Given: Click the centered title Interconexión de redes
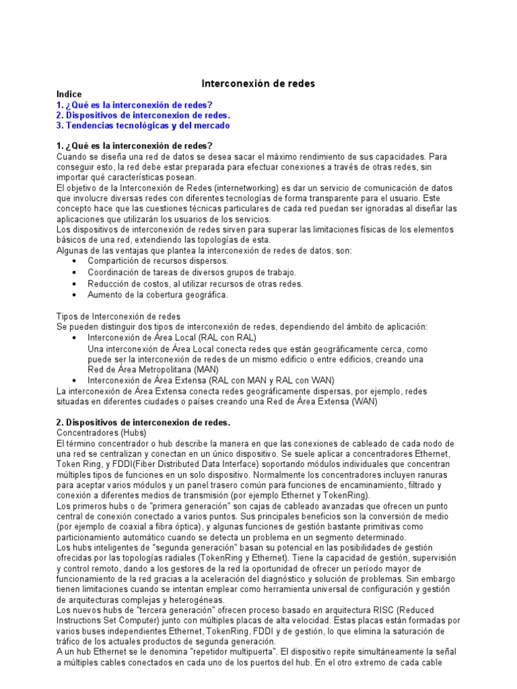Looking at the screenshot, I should coord(258,83).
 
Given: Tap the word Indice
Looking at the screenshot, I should coord(69,95).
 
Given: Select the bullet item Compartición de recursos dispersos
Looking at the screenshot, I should coord(158,260).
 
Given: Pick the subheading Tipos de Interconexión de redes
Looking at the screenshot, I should coord(117,316).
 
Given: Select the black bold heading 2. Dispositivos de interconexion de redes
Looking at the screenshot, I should coord(143,423).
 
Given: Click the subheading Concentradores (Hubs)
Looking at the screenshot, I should coord(102,433).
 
